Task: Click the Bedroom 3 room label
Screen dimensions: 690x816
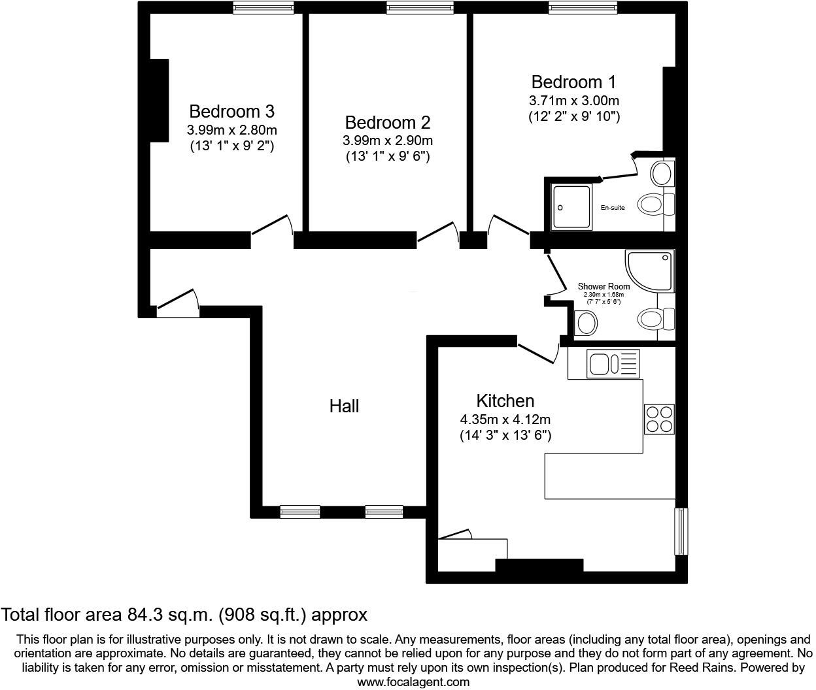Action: click(x=231, y=110)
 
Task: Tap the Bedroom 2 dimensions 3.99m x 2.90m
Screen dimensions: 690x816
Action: click(x=387, y=140)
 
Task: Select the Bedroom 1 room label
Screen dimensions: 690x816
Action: click(x=573, y=82)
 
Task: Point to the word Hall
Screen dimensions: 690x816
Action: click(x=344, y=406)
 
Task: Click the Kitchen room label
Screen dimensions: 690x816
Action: click(x=505, y=401)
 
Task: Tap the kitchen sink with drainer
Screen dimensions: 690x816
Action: click(x=613, y=363)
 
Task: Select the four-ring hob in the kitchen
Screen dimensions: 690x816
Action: click(x=659, y=419)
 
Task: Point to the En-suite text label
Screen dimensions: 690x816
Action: click(x=613, y=208)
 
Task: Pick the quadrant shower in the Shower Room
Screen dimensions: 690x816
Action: click(x=649, y=271)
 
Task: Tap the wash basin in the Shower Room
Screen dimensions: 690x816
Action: click(x=586, y=322)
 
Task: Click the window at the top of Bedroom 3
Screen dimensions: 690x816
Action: click(x=263, y=7)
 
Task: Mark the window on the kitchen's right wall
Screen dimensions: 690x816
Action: click(x=681, y=531)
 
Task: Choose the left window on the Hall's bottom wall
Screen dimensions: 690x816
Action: click(x=300, y=512)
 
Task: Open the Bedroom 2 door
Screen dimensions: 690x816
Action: click(x=438, y=232)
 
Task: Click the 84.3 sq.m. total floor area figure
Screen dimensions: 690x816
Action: click(x=168, y=615)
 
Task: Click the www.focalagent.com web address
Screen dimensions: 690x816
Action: click(x=413, y=682)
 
